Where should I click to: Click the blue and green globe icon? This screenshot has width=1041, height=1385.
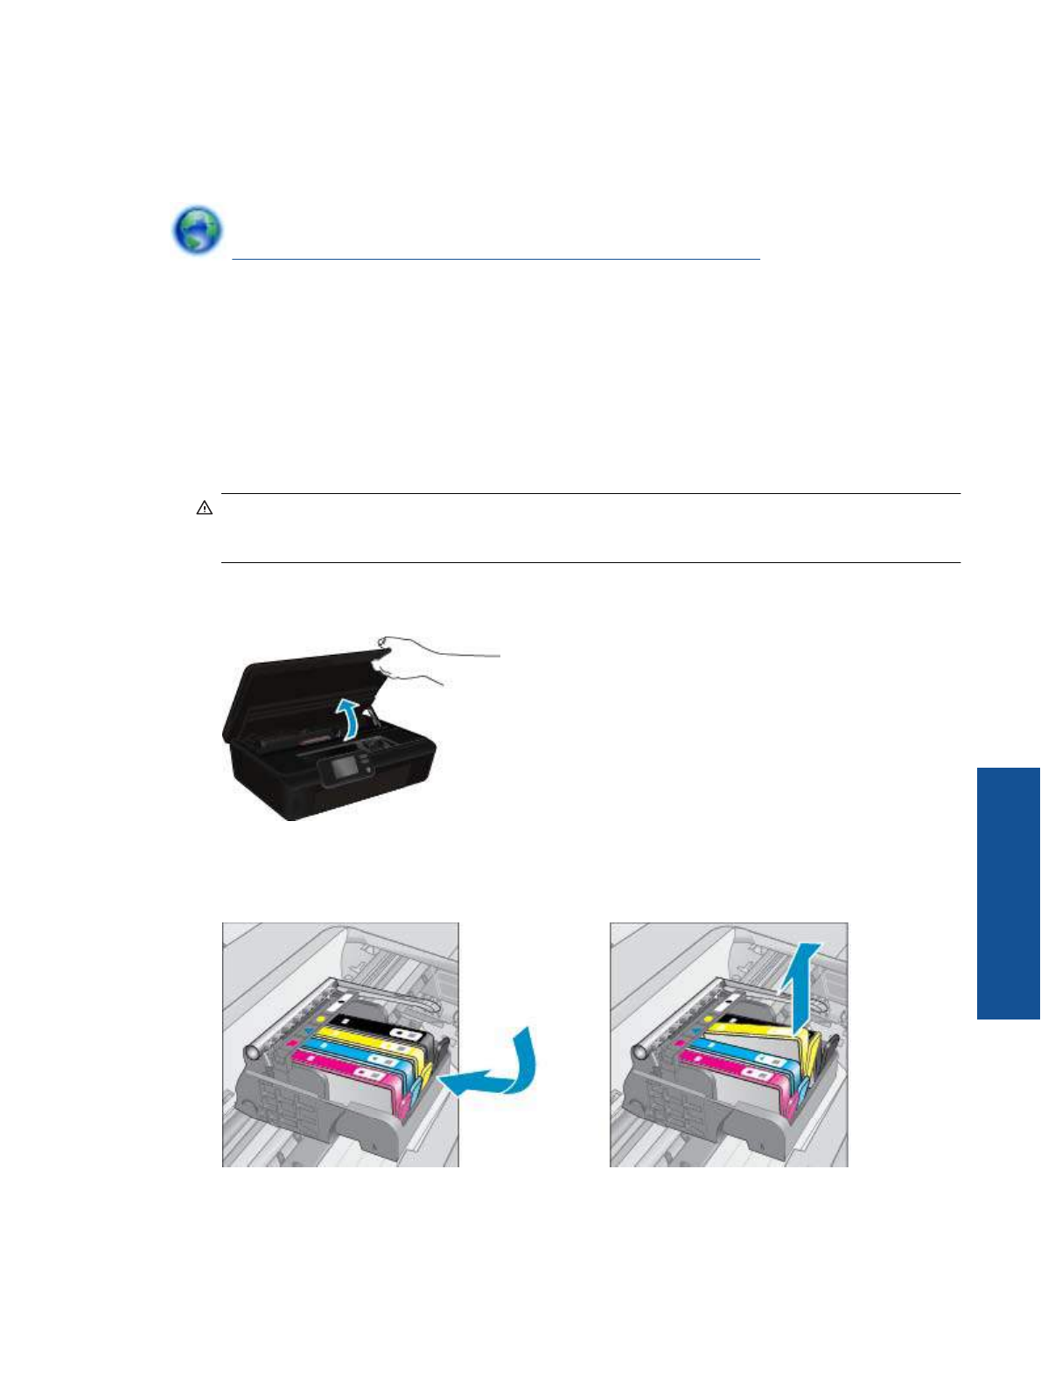[197, 231]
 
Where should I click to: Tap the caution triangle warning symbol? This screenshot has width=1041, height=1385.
[205, 508]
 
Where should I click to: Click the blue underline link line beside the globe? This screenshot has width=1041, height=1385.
[496, 259]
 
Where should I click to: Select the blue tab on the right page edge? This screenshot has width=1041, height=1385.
[1008, 893]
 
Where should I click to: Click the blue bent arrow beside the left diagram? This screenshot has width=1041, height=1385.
[494, 1067]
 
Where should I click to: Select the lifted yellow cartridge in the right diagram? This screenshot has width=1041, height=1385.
[761, 1036]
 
